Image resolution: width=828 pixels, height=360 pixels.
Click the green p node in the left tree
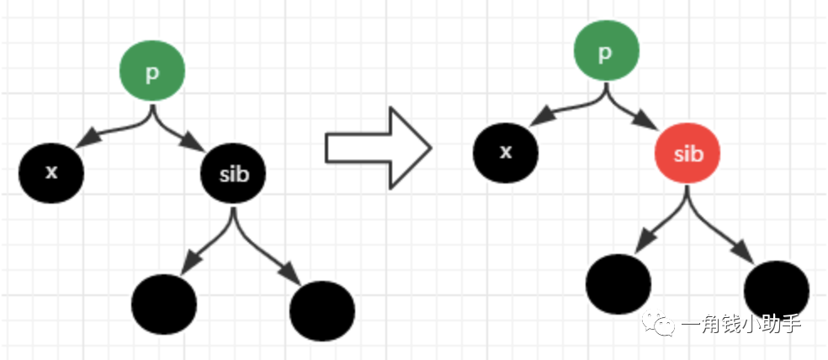tap(151, 73)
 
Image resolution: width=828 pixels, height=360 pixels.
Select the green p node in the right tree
tap(605, 55)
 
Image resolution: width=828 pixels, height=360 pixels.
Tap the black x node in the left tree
tap(51, 172)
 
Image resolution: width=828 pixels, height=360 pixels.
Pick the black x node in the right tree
tap(506, 152)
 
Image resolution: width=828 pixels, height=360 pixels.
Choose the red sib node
tap(687, 154)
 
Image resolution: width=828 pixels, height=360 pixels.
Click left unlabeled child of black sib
tap(164, 304)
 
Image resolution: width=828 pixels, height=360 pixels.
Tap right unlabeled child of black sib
tap(321, 311)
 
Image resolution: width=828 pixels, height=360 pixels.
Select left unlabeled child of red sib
tap(618, 283)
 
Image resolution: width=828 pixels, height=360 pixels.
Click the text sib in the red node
tap(687, 154)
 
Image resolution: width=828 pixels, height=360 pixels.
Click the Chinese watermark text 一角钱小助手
tap(740, 325)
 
